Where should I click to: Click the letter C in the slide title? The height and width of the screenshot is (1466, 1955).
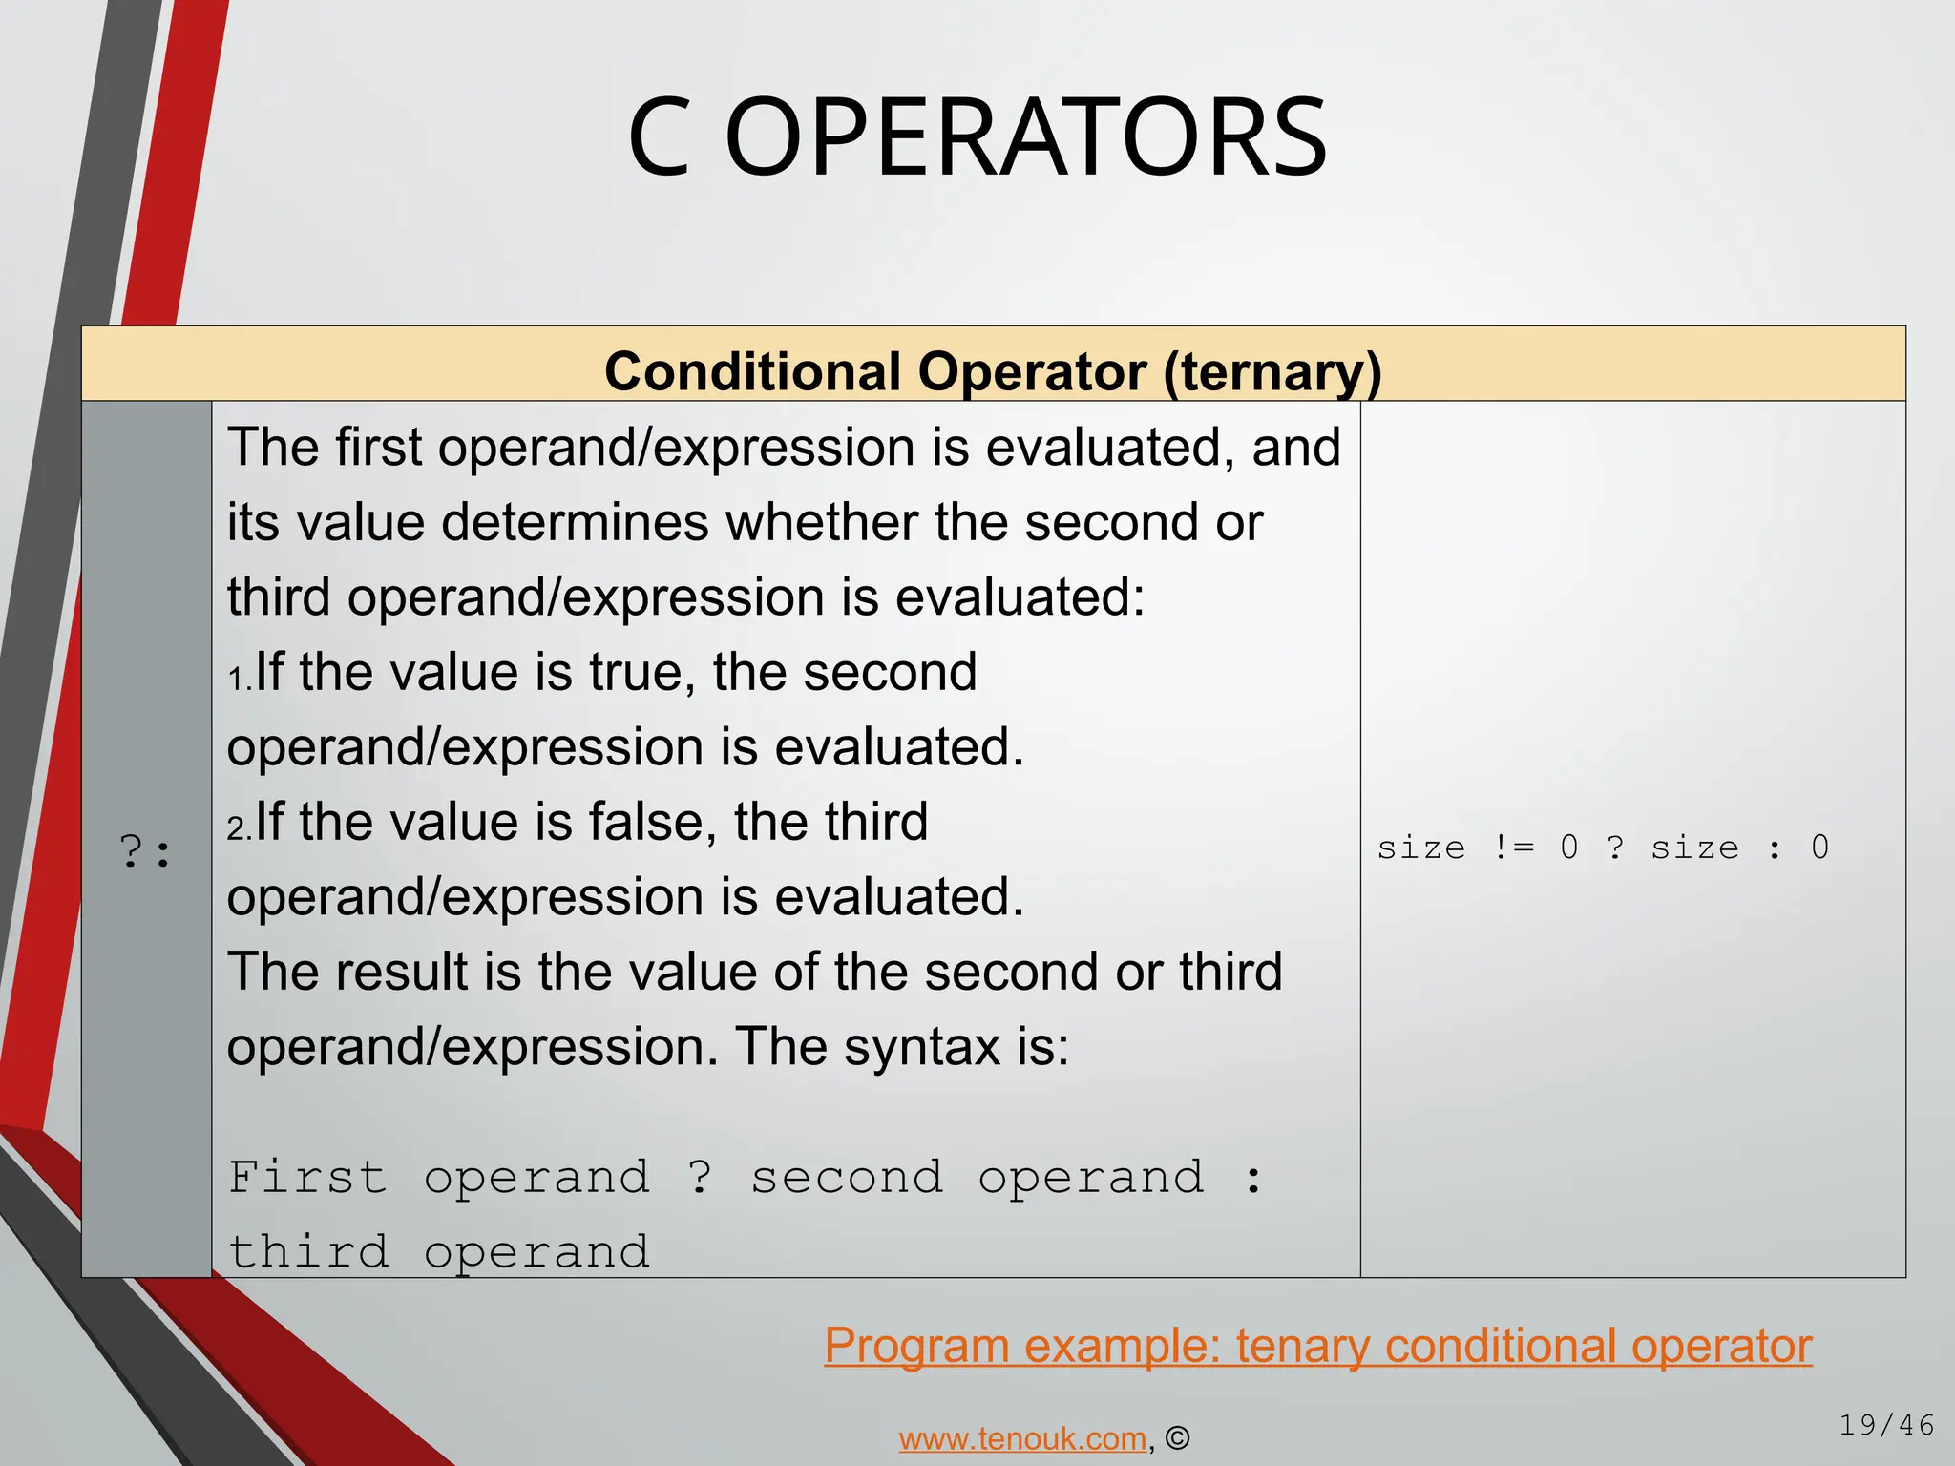coord(659,138)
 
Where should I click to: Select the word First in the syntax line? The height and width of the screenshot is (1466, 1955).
coord(307,1177)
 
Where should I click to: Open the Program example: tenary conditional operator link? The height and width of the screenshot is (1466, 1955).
coord(1317,1346)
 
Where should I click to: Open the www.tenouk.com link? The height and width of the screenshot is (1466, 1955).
coord(1021,1437)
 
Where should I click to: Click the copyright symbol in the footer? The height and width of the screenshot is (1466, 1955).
coord(1177,1437)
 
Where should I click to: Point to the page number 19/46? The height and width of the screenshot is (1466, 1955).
coord(1885,1425)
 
